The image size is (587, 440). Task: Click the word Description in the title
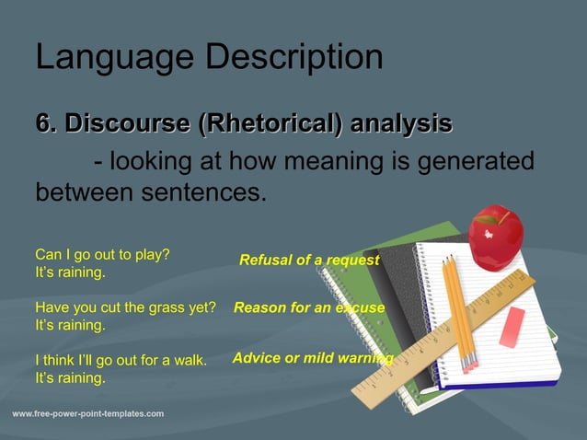click(x=294, y=58)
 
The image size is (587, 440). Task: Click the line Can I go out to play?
click(x=102, y=254)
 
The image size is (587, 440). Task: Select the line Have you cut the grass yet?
click(x=125, y=307)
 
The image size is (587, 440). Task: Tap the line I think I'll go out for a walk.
click(x=121, y=360)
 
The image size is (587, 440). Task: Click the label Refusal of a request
click(x=308, y=261)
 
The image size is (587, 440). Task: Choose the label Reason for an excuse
click(x=308, y=308)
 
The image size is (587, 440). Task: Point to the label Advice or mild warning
click(x=312, y=358)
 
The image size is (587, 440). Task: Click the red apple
click(x=495, y=237)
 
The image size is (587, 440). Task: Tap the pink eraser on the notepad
click(x=512, y=327)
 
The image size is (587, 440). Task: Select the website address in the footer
click(x=88, y=414)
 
